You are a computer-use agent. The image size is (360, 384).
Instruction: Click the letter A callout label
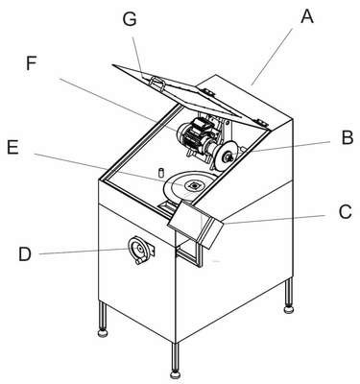[307, 15]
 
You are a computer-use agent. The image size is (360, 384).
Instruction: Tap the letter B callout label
[348, 138]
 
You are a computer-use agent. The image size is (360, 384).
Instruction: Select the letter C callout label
[346, 211]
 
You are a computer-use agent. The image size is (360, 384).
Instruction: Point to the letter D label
[25, 254]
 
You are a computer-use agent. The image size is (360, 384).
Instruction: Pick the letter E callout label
[12, 148]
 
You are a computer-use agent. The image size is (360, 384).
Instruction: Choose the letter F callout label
[32, 63]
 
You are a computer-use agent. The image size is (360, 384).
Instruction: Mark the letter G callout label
[130, 19]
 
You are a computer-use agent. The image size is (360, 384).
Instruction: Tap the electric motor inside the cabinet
[195, 136]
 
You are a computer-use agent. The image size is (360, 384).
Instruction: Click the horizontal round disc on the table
[189, 186]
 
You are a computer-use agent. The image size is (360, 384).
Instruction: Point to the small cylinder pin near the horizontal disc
[161, 171]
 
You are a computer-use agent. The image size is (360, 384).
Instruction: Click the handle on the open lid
[157, 84]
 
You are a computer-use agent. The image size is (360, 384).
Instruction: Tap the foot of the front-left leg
[103, 333]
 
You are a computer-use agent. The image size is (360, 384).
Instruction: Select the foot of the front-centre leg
[175, 374]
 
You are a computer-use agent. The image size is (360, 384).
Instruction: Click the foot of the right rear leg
[289, 309]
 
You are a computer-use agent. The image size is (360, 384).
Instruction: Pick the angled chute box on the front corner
[195, 224]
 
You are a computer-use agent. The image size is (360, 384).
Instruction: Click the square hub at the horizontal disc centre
[194, 185]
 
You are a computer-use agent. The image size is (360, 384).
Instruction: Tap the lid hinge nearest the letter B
[260, 122]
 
